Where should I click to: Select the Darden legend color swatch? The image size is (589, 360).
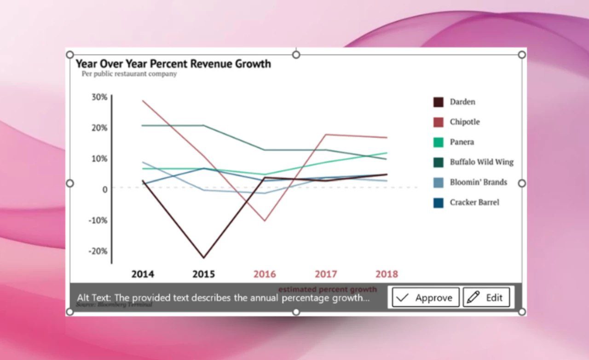(x=438, y=102)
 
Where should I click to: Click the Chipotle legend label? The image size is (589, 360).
(x=465, y=122)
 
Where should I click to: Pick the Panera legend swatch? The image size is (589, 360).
(x=438, y=142)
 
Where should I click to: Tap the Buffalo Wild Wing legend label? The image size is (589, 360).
(x=481, y=162)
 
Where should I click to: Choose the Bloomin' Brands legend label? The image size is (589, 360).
(x=478, y=182)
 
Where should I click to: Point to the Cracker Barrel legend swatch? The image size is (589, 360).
(x=438, y=203)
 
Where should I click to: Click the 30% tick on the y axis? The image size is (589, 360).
(x=99, y=97)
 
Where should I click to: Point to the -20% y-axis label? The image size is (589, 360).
(x=98, y=251)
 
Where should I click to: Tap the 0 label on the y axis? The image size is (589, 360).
(x=105, y=189)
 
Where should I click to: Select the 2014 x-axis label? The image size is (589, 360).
(x=143, y=274)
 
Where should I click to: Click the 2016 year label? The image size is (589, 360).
(x=265, y=274)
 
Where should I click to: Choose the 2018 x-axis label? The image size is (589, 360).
(x=387, y=274)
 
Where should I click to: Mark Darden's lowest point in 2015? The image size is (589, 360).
(x=203, y=257)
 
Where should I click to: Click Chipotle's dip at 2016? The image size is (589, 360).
(x=264, y=221)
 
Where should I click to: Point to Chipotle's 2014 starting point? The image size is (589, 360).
(x=143, y=101)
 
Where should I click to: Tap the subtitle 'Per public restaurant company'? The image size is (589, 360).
(x=129, y=74)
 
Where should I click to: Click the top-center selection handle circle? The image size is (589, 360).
(x=296, y=55)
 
